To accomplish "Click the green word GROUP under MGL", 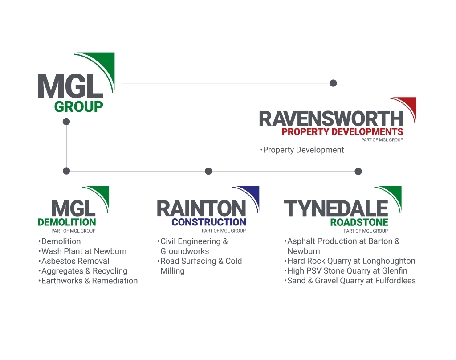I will click(x=78, y=107).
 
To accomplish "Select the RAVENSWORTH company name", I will click(x=330, y=119).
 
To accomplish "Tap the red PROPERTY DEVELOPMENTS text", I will click(x=342, y=131).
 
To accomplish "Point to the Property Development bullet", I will click(x=303, y=150).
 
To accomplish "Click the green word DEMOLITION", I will click(x=67, y=222).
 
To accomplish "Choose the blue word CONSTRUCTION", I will click(x=208, y=222).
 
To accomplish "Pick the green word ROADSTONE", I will click(x=359, y=222).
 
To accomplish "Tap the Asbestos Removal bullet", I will click(x=75, y=261).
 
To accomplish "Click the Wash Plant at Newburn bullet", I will click(x=83, y=251).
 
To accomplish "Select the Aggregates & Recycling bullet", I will click(x=84, y=271).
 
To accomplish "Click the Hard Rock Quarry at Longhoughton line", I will click(x=351, y=261).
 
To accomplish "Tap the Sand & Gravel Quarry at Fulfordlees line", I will click(x=351, y=281).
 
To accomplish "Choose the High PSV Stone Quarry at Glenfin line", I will click(x=347, y=271).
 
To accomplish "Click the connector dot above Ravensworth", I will click(x=333, y=83).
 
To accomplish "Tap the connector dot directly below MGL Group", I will click(x=66, y=122).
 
